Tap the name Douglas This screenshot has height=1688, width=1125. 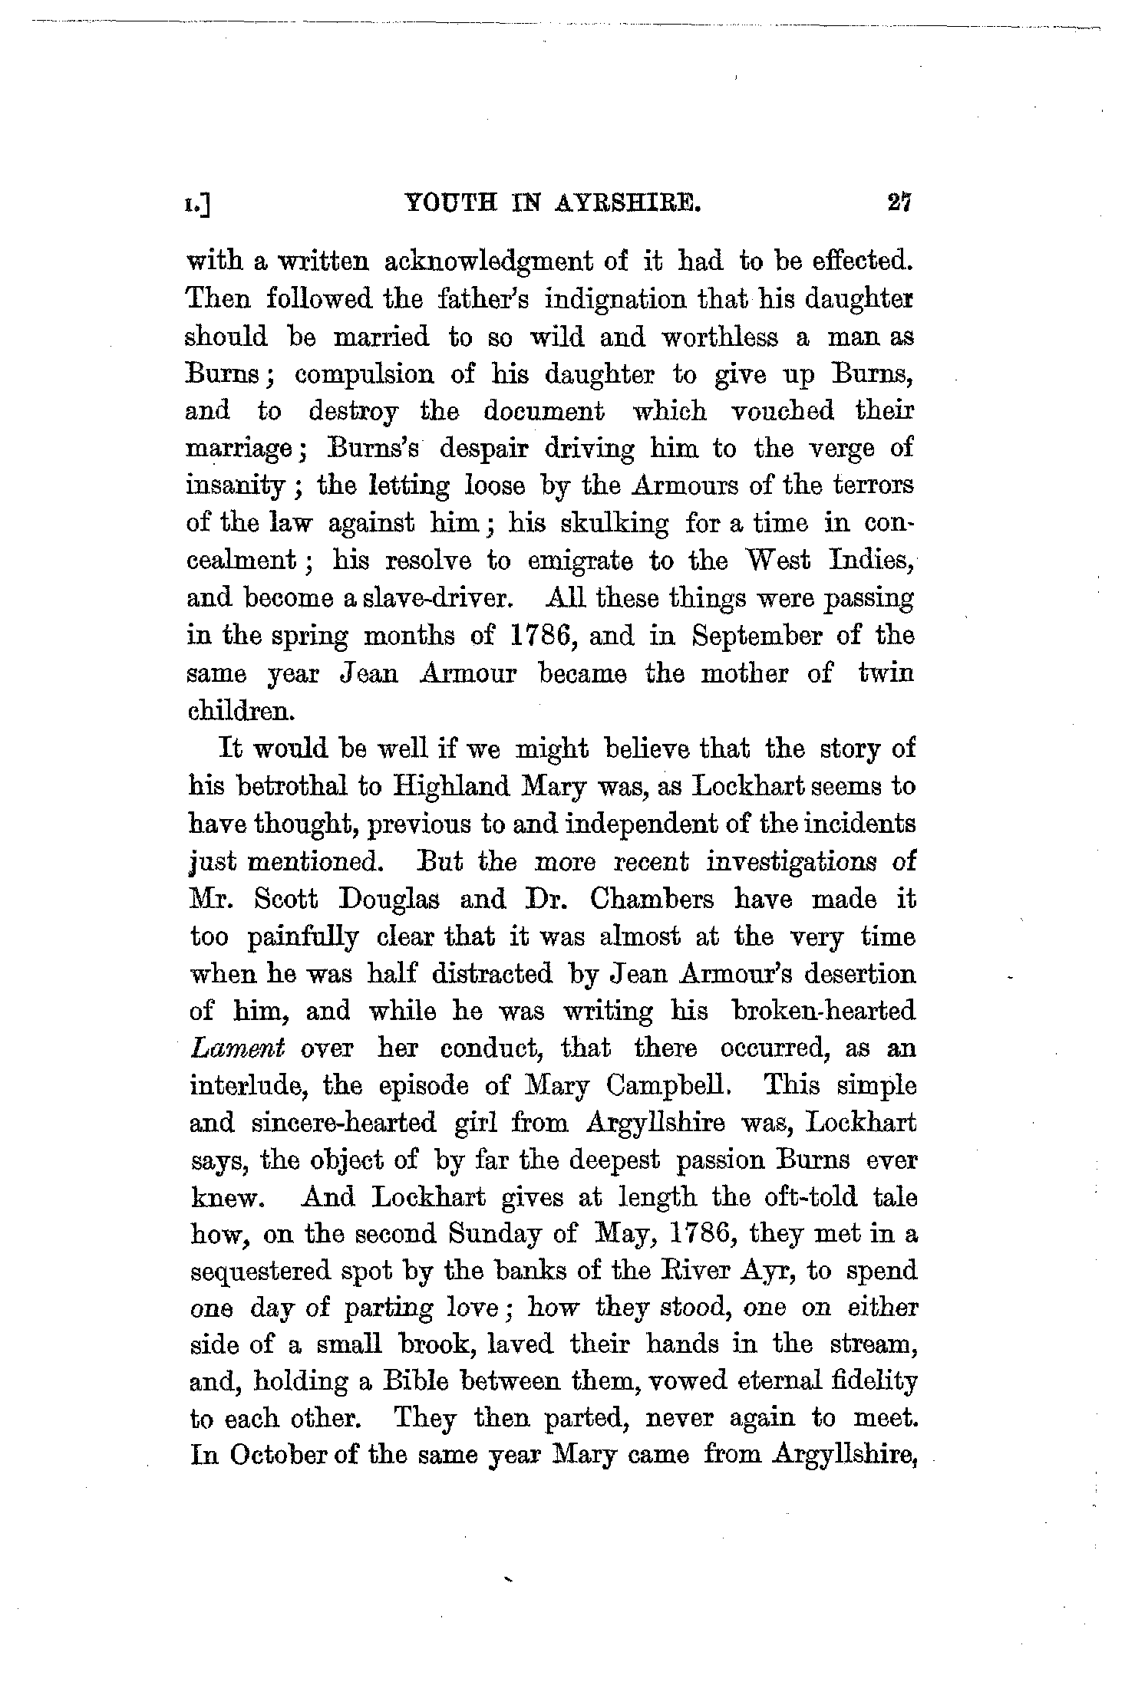tap(389, 899)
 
